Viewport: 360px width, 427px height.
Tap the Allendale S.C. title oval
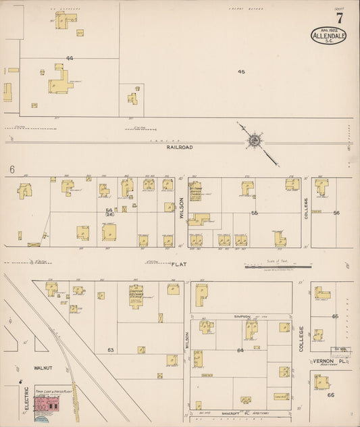coord(329,36)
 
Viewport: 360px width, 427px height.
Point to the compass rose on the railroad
coord(255,141)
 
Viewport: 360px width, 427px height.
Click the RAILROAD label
coord(181,147)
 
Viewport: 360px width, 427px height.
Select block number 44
coord(70,58)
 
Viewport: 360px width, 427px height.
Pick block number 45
coord(241,71)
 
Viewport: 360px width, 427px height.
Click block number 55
coord(255,213)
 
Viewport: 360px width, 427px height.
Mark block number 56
coord(336,213)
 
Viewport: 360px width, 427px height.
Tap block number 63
coord(110,349)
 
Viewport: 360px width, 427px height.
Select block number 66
coord(336,395)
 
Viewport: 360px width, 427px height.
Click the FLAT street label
coord(178,264)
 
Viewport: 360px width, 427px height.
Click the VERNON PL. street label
coord(330,362)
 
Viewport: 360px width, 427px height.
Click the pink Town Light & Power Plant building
coord(45,403)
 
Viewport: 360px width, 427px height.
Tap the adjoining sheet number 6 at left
coord(12,169)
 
